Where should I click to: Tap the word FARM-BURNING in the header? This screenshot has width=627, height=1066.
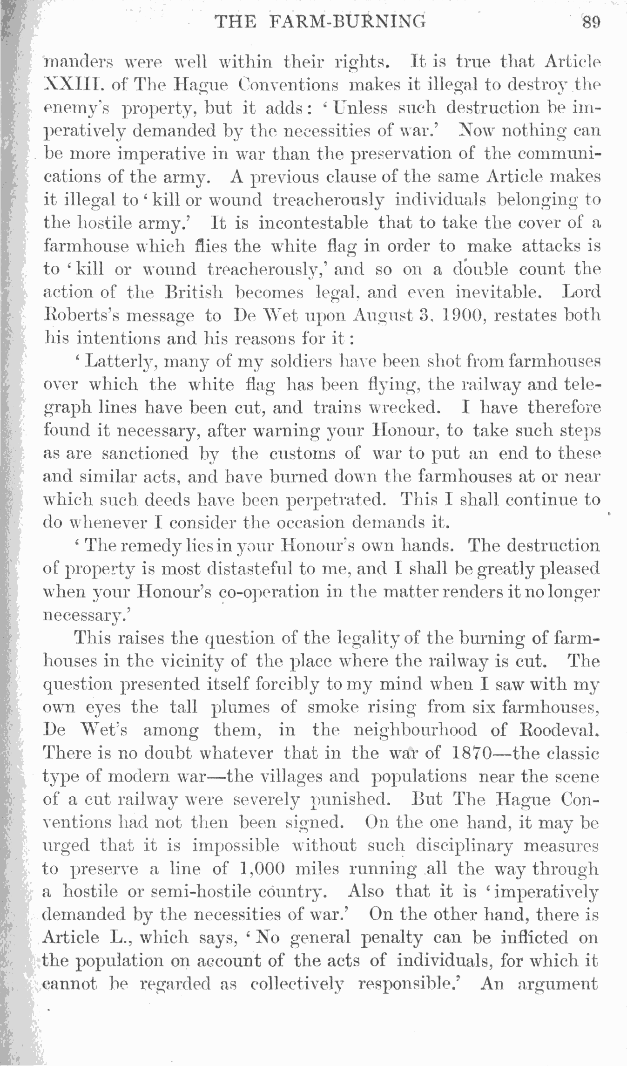(347, 22)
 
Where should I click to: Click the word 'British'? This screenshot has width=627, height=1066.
(194, 292)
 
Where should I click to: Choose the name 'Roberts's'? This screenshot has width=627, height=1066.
(81, 316)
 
